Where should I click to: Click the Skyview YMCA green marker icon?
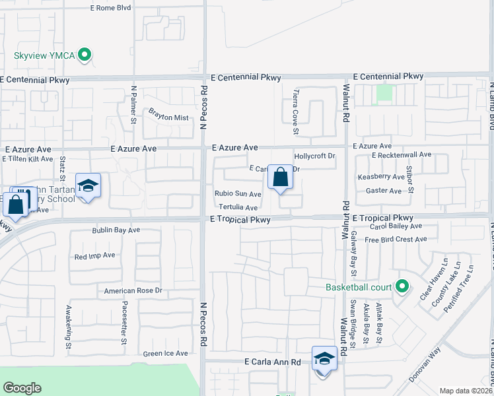[x=85, y=55]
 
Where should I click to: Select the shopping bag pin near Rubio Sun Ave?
[x=280, y=178]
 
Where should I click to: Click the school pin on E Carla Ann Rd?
[x=324, y=359]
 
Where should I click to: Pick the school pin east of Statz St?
[x=87, y=186]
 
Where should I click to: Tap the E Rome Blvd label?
[x=110, y=8]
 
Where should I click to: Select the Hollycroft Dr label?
[x=315, y=156]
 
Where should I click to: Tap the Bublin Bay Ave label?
[x=116, y=231]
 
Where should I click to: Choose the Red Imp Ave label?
[x=95, y=256]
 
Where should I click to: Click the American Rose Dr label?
[x=133, y=290]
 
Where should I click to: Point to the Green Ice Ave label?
[x=166, y=354]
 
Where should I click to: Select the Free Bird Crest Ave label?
[x=396, y=240]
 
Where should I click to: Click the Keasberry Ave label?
[x=380, y=177]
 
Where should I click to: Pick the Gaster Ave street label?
[x=384, y=191]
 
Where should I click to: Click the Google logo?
[x=22, y=388]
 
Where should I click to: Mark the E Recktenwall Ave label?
[x=401, y=154]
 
